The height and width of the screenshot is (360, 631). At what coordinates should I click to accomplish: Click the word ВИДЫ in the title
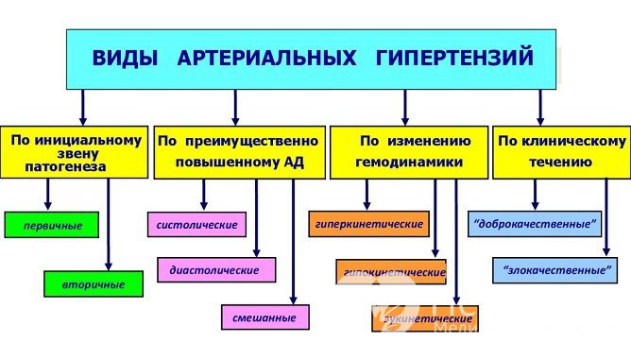pyautogui.click(x=125, y=59)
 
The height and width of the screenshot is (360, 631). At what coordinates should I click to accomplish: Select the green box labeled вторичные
pyautogui.click(x=96, y=283)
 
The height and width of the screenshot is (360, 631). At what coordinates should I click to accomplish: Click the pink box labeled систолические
pyautogui.click(x=197, y=225)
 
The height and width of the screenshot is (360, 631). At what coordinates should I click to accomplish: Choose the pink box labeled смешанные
pyautogui.click(x=264, y=318)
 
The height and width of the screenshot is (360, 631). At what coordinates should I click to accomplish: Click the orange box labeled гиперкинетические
pyautogui.click(x=367, y=224)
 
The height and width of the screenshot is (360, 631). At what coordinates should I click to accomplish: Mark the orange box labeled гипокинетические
pyautogui.click(x=391, y=271)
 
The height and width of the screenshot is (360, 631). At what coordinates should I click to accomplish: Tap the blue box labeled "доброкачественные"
pyautogui.click(x=535, y=224)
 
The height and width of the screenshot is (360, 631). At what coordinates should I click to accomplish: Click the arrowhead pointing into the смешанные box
pyautogui.click(x=294, y=300)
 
